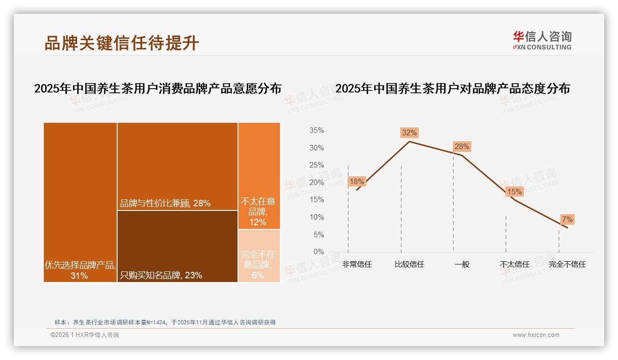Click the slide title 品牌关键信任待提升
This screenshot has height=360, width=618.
(122, 43)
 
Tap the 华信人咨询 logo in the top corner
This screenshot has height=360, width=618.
(542, 41)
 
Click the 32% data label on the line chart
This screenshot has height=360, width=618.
(409, 133)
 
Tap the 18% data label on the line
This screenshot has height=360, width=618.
(357, 181)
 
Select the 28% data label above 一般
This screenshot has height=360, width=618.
(462, 147)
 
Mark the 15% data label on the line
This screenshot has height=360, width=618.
(514, 192)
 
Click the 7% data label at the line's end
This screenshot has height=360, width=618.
(567, 219)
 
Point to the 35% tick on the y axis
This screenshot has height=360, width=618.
(316, 131)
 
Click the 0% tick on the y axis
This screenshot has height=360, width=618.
(319, 252)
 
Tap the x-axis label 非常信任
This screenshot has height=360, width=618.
(357, 264)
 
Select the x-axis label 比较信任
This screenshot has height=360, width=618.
(409, 264)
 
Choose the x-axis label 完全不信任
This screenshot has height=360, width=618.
(567, 264)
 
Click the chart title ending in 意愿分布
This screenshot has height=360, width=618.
(158, 89)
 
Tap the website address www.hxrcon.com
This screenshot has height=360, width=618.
(536, 335)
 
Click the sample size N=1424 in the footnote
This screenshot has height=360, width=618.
(156, 322)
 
